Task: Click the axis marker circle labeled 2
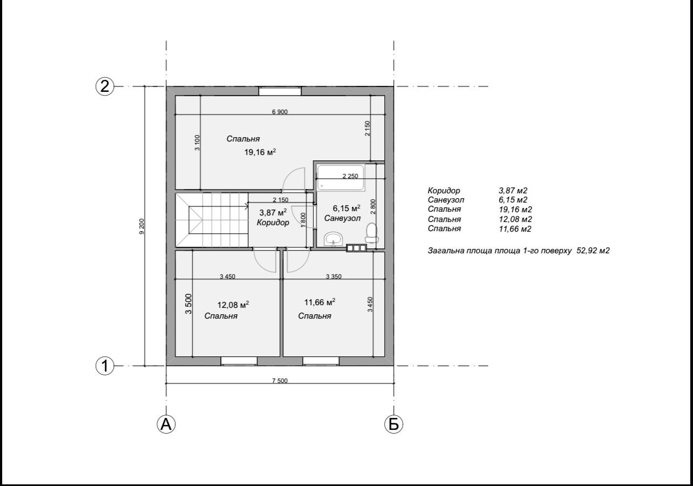pyautogui.click(x=105, y=86)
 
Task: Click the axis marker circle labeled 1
pyautogui.click(x=105, y=366)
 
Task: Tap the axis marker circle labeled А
pyautogui.click(x=166, y=424)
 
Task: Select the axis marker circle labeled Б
pyautogui.click(x=393, y=424)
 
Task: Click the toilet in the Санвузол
pyautogui.click(x=371, y=233)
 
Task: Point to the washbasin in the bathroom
pyautogui.click(x=333, y=239)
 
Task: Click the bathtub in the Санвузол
pyautogui.click(x=341, y=177)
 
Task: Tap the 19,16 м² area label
pyautogui.click(x=260, y=152)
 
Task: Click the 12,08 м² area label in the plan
pyautogui.click(x=233, y=305)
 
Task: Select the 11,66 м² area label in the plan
pyautogui.click(x=320, y=302)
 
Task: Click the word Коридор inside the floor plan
pyautogui.click(x=273, y=222)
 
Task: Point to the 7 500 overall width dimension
pyautogui.click(x=280, y=381)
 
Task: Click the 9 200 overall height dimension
pyautogui.click(x=142, y=226)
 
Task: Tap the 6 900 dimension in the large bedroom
pyautogui.click(x=280, y=112)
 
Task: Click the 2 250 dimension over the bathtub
pyautogui.click(x=350, y=176)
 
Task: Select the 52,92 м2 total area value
pyautogui.click(x=593, y=251)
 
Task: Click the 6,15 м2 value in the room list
pyautogui.click(x=513, y=200)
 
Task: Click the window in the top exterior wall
pyautogui.click(x=280, y=91)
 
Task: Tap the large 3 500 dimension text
pyautogui.click(x=188, y=303)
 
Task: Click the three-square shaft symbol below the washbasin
pyautogui.click(x=356, y=248)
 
